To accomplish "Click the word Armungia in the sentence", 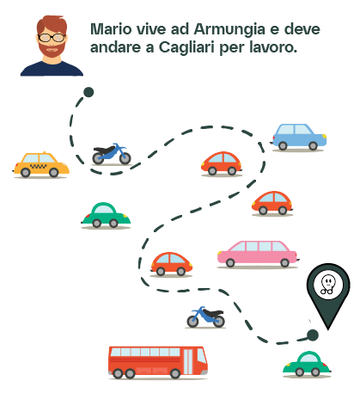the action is [x=229, y=30].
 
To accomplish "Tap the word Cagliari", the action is [x=186, y=48].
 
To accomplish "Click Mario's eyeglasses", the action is [x=52, y=37].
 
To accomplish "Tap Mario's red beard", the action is [x=52, y=49].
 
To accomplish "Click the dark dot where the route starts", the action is [x=88, y=92].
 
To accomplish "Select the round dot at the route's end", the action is [x=313, y=335].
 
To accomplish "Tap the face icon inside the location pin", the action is [x=328, y=285].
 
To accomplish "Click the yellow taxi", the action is [x=40, y=164].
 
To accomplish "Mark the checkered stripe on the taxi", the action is [x=39, y=166].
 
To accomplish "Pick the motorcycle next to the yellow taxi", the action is [x=112, y=154].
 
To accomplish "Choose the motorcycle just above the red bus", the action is [x=205, y=317].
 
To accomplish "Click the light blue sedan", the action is [x=298, y=137].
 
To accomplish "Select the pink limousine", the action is [x=258, y=254].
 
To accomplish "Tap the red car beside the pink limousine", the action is [x=171, y=264].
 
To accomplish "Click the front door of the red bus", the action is [x=188, y=361].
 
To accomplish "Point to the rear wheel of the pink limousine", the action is [x=230, y=262].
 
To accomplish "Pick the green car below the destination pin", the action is [x=307, y=364].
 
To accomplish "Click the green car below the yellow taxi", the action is [x=106, y=215].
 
